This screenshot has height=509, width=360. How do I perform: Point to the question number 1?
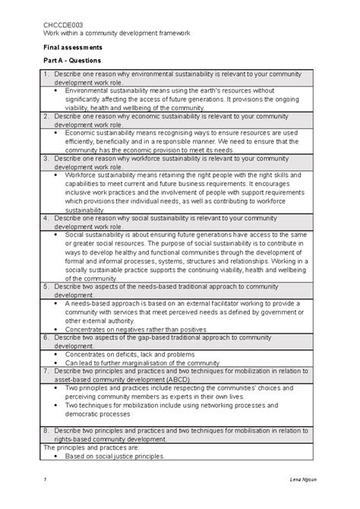[46, 74]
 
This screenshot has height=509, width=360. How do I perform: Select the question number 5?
[46, 287]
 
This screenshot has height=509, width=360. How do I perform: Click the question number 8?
[46, 429]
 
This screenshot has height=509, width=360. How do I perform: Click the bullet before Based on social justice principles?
[58, 456]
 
